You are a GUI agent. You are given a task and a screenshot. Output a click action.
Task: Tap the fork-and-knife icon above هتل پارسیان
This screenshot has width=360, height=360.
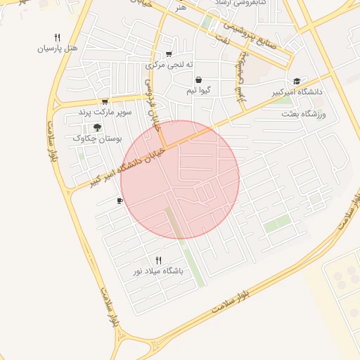coord(58,37)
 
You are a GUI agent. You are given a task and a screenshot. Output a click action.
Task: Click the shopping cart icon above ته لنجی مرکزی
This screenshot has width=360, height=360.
coord(168,54)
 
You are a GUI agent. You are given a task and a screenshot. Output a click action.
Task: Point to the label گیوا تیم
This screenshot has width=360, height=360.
coord(200,91)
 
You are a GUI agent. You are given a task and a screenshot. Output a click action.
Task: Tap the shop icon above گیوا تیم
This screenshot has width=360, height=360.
coord(199,80)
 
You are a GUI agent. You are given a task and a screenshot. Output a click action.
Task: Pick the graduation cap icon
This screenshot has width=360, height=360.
coord(297,81)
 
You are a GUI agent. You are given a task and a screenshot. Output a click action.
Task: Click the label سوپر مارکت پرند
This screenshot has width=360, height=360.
coord(105,112)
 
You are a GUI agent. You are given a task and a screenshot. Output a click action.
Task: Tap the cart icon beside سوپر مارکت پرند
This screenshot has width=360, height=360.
coord(105,102)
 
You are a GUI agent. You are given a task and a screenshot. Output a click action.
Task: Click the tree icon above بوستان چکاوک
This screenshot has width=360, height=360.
coord(97,127)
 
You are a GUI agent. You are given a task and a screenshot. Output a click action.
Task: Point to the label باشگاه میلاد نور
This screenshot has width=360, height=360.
coord(158,271)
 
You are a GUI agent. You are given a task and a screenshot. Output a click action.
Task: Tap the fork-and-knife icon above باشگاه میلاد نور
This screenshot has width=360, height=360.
coord(158,260)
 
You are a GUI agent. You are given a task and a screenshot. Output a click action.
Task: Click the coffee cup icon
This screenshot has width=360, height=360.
coord(120,202)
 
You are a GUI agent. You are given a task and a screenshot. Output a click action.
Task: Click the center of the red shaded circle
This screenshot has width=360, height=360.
coord(180,179)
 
